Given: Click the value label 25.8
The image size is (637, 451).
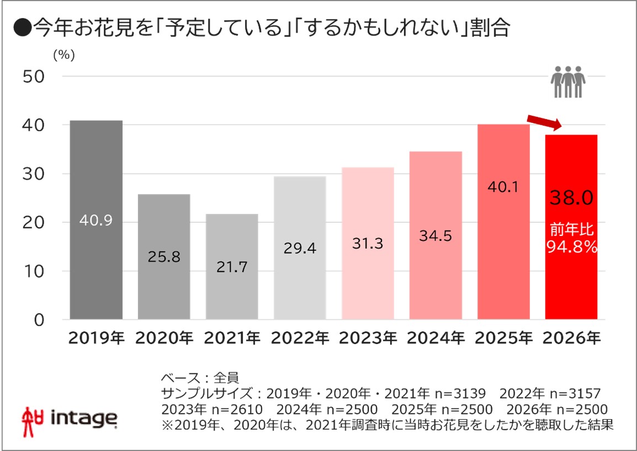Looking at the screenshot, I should click(x=164, y=257).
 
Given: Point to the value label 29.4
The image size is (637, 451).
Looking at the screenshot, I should click(x=300, y=249).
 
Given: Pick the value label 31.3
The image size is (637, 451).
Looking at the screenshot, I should click(x=368, y=243).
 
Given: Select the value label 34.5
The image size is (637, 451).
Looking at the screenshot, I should click(x=436, y=236).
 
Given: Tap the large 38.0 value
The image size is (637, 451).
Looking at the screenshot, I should click(x=571, y=197).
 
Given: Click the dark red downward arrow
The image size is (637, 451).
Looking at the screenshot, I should click(x=544, y=123).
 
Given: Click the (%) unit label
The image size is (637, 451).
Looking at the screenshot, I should click(x=63, y=55).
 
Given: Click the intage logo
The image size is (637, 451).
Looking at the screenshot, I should click(x=69, y=418).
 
